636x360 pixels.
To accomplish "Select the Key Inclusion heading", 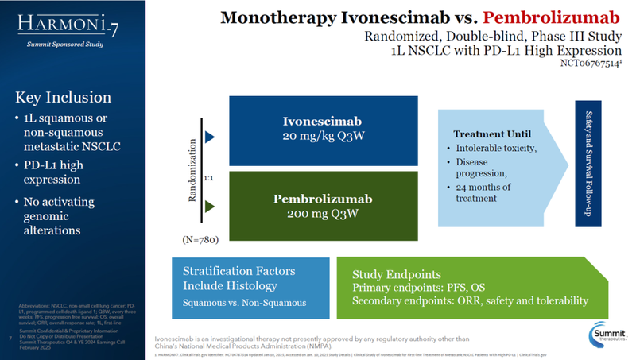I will pyautogui.click(x=64, y=99).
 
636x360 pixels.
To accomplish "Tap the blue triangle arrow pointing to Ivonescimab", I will pyautogui.click(x=210, y=136).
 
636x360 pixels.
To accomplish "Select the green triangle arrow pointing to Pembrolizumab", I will pyautogui.click(x=210, y=207).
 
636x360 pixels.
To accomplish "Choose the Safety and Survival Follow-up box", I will pyautogui.click(x=590, y=164).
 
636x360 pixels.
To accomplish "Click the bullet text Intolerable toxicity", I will pyautogui.click(x=500, y=149).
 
